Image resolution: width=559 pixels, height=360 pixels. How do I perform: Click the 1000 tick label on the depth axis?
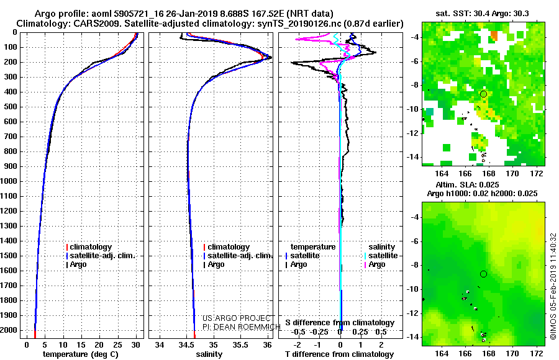click(x=8, y=181)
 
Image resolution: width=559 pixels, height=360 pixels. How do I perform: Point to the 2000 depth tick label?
click(x=8, y=330)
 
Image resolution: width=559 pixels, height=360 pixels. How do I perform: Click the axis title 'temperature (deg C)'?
click(x=81, y=354)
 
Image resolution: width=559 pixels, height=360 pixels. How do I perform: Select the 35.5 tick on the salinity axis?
click(x=240, y=345)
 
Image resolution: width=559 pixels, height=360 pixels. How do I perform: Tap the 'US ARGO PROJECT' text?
click(x=237, y=318)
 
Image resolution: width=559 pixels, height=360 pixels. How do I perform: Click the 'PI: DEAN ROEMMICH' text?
click(x=242, y=327)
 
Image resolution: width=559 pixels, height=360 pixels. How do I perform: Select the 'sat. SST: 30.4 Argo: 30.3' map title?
click(x=483, y=14)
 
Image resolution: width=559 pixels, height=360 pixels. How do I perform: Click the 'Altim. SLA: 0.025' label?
click(x=467, y=184)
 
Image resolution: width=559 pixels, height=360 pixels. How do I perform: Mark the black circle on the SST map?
click(x=483, y=94)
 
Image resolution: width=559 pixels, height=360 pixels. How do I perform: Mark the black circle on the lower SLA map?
click(x=483, y=274)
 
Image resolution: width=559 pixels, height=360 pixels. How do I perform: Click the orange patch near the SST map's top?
click(x=494, y=35)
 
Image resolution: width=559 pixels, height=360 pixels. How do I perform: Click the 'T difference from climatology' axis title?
click(x=339, y=354)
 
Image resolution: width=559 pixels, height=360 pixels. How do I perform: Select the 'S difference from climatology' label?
click(x=340, y=323)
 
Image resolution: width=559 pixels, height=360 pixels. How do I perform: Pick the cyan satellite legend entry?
click(x=381, y=256)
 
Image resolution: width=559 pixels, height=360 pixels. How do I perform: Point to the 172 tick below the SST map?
click(x=537, y=174)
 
